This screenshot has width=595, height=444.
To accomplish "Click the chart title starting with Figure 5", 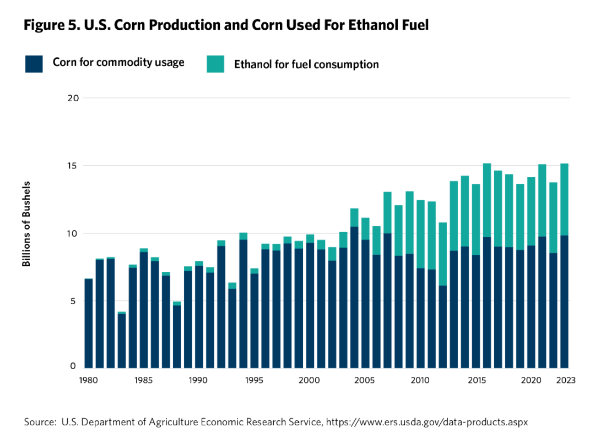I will coord(226,26).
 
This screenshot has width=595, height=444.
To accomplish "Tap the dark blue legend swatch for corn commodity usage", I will coord(34,64).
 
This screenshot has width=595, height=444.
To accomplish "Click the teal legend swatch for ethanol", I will coord(215,64).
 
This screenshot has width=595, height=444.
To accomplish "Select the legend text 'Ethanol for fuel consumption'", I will coord(306,64).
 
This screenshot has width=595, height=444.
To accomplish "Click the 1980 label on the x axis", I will coord(89,380).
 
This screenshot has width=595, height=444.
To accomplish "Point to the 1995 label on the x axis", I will coord(254,380).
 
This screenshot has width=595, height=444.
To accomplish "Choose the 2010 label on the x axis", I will coord(420,380).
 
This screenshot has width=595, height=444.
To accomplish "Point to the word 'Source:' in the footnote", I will coord(41,423).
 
